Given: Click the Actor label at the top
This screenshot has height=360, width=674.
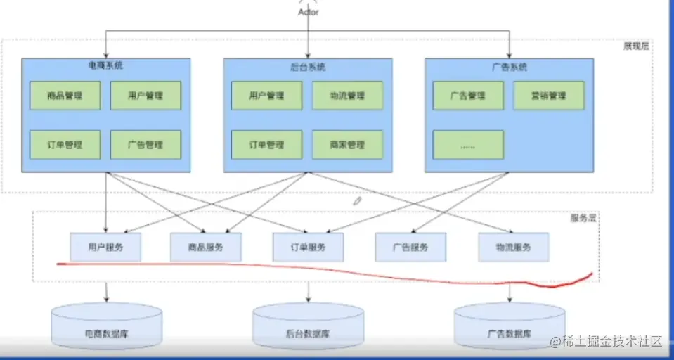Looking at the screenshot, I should tap(308, 12).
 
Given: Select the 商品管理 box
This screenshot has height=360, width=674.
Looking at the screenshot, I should tap(65, 96).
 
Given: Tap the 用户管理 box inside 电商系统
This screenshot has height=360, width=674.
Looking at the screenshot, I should tap(145, 96).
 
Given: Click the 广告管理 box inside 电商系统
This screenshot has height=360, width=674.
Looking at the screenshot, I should tap(145, 145).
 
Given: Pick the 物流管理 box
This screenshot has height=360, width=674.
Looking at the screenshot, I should tap(347, 96).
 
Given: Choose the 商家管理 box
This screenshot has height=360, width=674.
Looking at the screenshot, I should tap(347, 145).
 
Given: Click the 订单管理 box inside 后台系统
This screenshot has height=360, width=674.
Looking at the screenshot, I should tap(266, 145).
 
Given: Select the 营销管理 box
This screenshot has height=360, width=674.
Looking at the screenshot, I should tap(549, 96).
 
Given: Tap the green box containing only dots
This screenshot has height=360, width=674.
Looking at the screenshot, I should tap(468, 145).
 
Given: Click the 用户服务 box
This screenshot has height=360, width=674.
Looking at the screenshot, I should tap(105, 247).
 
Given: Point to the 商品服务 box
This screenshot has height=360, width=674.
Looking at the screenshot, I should tap(206, 247).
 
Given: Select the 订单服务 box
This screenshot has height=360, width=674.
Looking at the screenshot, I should tap(308, 247).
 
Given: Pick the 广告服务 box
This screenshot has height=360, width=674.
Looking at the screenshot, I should tap(410, 247).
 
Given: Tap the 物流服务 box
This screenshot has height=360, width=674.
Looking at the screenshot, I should tap(513, 247).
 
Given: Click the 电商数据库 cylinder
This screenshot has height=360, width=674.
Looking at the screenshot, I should tap(107, 329).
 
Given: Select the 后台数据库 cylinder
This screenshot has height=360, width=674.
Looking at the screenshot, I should tap(308, 329).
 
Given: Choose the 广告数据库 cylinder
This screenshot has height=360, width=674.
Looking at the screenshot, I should tap(509, 329).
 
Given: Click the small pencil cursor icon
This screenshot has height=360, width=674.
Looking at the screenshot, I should tap(358, 201).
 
